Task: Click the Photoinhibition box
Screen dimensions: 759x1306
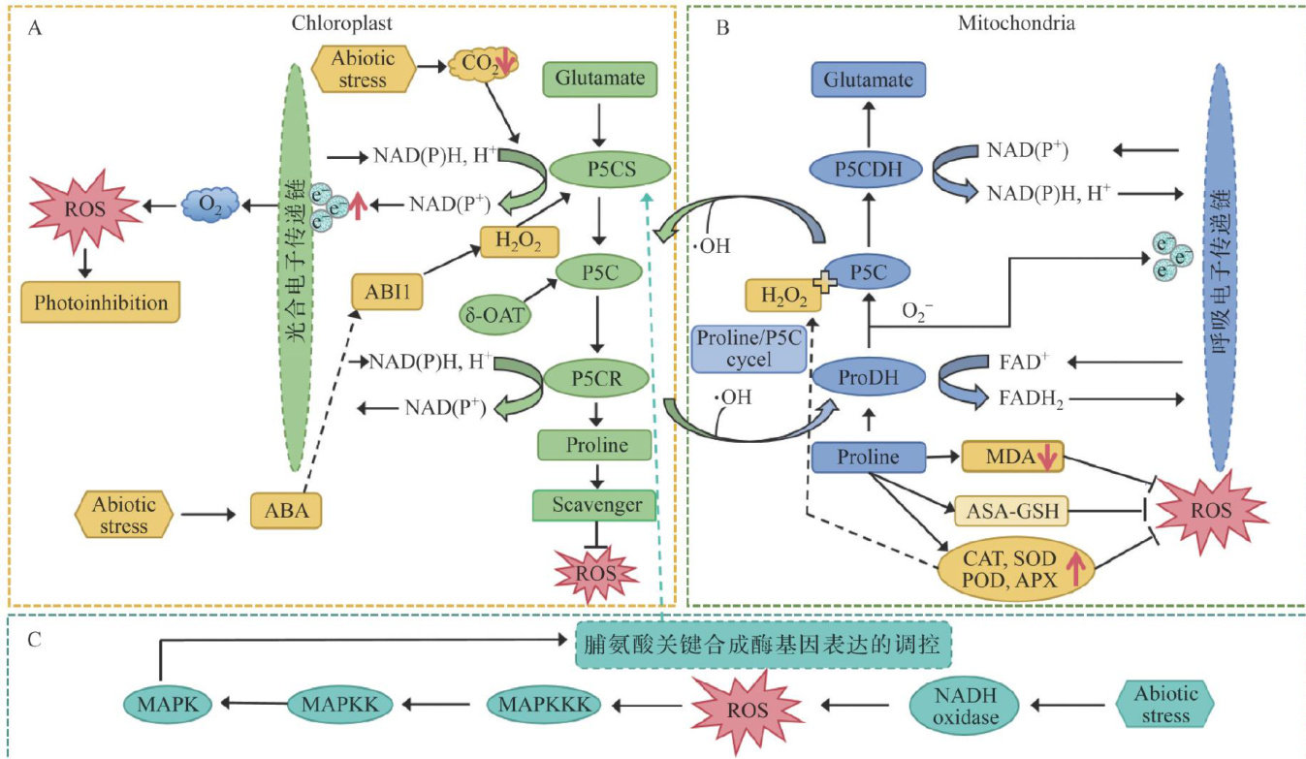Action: click(101, 303)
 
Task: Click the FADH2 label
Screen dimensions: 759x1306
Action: click(1025, 399)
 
